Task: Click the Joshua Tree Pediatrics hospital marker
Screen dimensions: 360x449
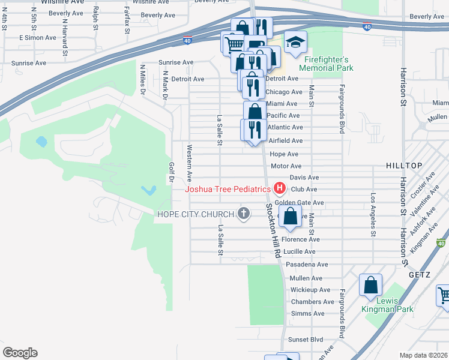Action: point(279,188)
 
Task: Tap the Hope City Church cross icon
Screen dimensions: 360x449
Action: point(243,214)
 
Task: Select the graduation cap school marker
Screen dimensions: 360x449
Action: point(295,42)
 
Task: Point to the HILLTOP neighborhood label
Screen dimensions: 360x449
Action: point(405,165)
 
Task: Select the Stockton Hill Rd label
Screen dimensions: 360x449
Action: point(274,230)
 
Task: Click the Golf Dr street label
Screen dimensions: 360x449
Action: point(171,172)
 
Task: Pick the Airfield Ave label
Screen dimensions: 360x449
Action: point(285,140)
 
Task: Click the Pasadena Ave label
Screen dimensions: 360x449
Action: point(307,264)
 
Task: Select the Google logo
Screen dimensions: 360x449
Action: point(20,353)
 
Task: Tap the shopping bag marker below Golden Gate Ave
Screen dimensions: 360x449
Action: point(290,217)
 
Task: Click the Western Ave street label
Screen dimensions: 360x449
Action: point(190,163)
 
